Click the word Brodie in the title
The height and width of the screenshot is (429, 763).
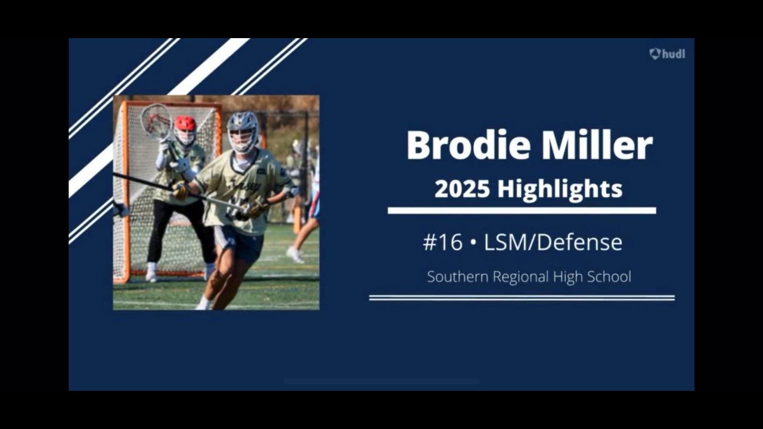(x=469, y=145)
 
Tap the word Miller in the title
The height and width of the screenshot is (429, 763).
(x=597, y=145)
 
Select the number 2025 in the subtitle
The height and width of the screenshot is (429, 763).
(x=462, y=189)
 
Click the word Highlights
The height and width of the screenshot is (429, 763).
(x=560, y=190)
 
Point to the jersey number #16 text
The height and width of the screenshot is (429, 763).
(x=443, y=243)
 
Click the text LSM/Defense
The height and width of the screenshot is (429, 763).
(x=553, y=243)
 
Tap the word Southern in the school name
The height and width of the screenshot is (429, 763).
(x=458, y=276)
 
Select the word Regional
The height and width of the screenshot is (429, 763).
(x=521, y=277)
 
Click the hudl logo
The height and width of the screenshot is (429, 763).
(x=667, y=54)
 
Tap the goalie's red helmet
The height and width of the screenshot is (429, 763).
(x=185, y=123)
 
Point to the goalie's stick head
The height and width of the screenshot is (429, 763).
(x=156, y=121)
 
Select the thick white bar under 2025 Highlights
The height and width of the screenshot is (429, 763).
(x=522, y=210)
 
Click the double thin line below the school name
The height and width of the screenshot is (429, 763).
(x=522, y=298)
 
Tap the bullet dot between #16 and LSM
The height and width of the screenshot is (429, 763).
(x=473, y=243)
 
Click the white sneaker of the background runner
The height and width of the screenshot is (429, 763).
(x=294, y=254)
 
